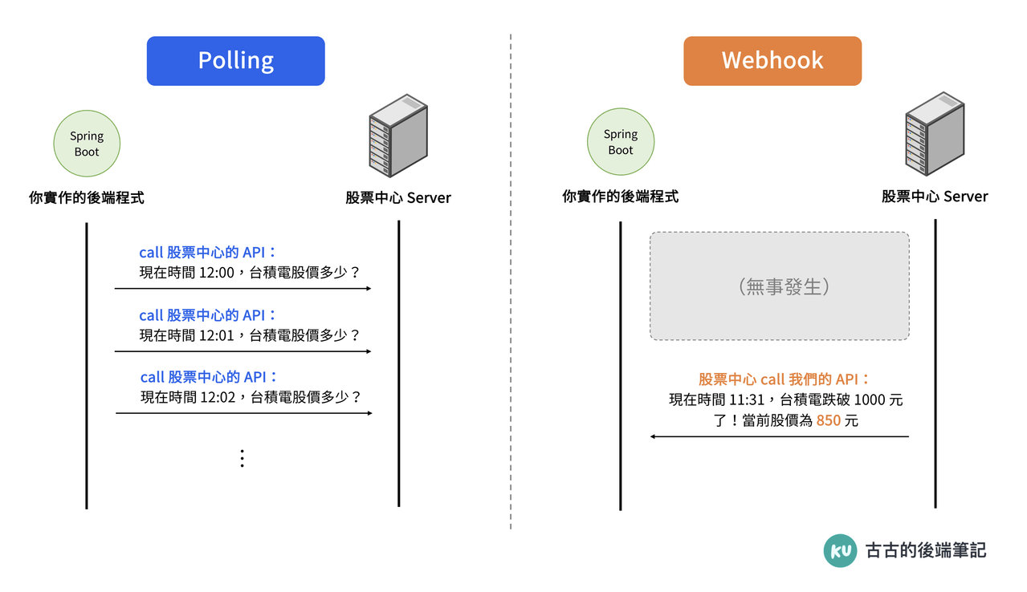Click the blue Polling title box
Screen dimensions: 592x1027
pyautogui.click(x=235, y=61)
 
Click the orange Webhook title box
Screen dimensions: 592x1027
pyautogui.click(x=772, y=61)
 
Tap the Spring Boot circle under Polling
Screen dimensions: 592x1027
pyautogui.click(x=87, y=144)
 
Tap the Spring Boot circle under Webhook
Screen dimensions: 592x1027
pyautogui.click(x=620, y=143)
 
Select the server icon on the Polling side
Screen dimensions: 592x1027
pyautogui.click(x=397, y=136)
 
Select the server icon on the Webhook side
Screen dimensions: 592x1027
pyautogui.click(x=934, y=133)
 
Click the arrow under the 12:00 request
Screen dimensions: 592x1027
pyautogui.click(x=242, y=288)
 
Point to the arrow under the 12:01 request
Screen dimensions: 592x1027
pyautogui.click(x=242, y=351)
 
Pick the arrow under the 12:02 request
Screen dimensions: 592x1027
pyautogui.click(x=244, y=413)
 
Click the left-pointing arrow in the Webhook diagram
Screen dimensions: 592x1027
pyautogui.click(x=779, y=436)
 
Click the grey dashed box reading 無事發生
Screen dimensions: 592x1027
pyautogui.click(x=779, y=286)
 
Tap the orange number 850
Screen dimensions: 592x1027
pyautogui.click(x=828, y=420)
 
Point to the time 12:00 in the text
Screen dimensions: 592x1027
pyautogui.click(x=216, y=273)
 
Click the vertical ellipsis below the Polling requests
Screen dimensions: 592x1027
pyautogui.click(x=242, y=458)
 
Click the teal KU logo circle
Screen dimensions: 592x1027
pyautogui.click(x=840, y=550)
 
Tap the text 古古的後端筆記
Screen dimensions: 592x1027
pyautogui.click(x=925, y=550)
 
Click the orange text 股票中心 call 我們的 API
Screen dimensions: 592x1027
pyautogui.click(x=784, y=379)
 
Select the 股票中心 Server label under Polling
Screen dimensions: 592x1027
pyautogui.click(x=398, y=197)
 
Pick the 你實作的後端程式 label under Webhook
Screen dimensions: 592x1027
pyautogui.click(x=620, y=197)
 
